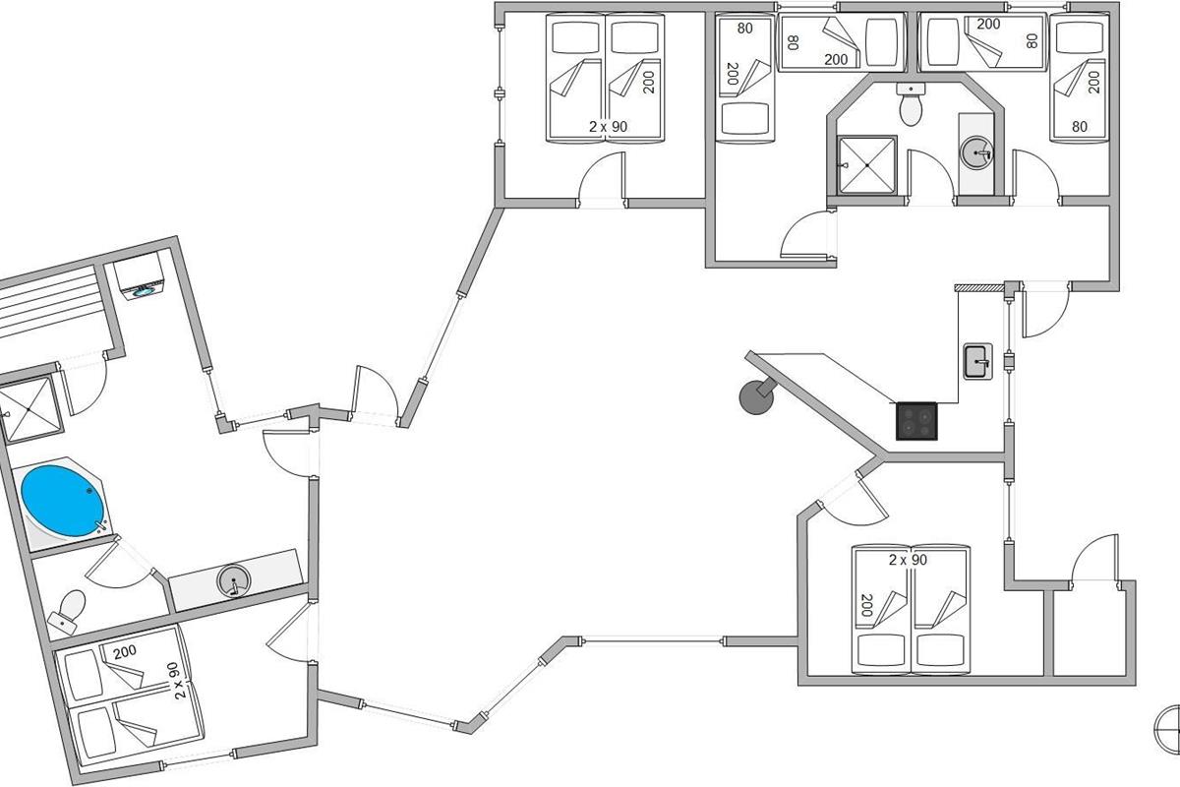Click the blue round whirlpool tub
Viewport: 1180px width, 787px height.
[61, 502]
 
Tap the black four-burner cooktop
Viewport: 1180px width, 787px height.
[916, 421]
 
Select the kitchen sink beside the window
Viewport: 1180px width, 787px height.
[978, 361]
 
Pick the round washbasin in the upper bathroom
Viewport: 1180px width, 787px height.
[976, 153]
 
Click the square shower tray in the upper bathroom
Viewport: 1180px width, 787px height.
[866, 165]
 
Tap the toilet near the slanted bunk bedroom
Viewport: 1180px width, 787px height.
[68, 612]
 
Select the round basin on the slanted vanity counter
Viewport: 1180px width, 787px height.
[233, 580]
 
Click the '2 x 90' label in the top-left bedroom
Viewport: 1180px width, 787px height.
[608, 127]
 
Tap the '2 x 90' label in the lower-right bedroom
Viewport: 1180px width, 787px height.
[908, 560]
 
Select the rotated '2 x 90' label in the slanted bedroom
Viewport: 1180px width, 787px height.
[179, 681]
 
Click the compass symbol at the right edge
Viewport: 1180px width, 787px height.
[1166, 731]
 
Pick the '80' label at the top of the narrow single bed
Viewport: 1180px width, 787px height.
[745, 28]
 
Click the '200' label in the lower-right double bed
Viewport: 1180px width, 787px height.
[867, 605]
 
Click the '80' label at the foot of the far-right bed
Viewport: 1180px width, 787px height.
[1080, 127]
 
